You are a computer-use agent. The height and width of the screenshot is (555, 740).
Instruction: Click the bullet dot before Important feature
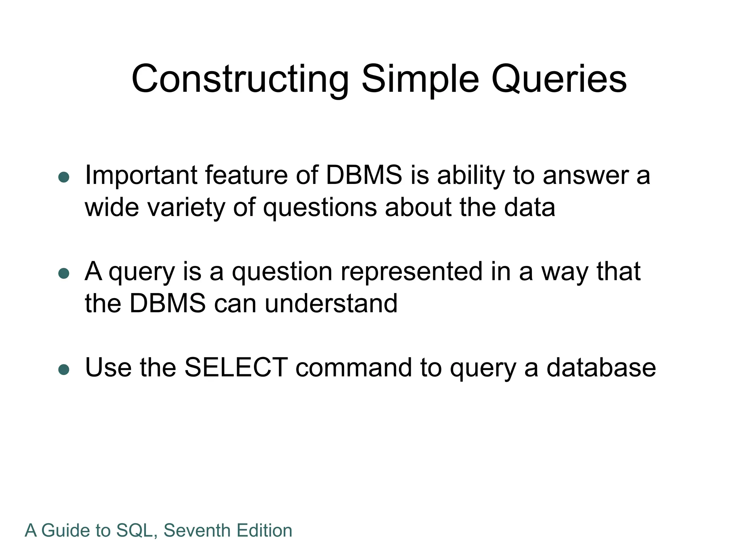(64, 177)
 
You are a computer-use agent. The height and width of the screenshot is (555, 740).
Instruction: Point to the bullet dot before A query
(64, 274)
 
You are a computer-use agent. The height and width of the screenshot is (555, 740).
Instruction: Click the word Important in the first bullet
(141, 175)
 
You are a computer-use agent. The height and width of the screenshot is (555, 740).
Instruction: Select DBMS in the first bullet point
(364, 175)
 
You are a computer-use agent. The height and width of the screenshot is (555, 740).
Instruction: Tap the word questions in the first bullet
(320, 207)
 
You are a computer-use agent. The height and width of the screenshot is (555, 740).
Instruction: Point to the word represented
(411, 271)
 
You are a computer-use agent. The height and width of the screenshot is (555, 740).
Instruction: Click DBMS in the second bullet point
(167, 303)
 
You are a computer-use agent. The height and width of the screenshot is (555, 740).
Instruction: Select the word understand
(331, 303)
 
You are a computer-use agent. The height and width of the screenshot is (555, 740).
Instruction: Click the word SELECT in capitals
(236, 367)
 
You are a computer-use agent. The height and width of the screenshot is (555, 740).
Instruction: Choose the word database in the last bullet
(601, 367)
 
